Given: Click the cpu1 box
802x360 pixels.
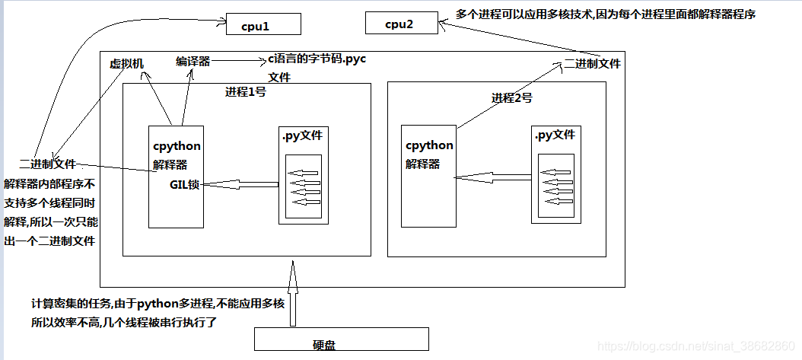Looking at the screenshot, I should (264, 26).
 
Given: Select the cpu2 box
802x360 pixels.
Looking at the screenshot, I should (401, 24).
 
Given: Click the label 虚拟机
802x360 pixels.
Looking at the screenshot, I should (126, 64).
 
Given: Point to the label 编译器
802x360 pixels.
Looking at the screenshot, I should (193, 61).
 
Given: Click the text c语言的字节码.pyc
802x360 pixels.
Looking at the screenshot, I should (317, 60).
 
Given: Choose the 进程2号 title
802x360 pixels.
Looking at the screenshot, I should (511, 97).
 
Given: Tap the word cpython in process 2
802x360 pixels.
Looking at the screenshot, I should (429, 145).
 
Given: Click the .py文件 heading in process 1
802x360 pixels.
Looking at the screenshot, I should (303, 135).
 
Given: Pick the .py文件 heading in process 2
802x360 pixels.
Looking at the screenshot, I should (555, 135).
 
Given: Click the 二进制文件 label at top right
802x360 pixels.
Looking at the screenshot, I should (592, 64).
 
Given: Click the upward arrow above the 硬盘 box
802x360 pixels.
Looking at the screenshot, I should (292, 293).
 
